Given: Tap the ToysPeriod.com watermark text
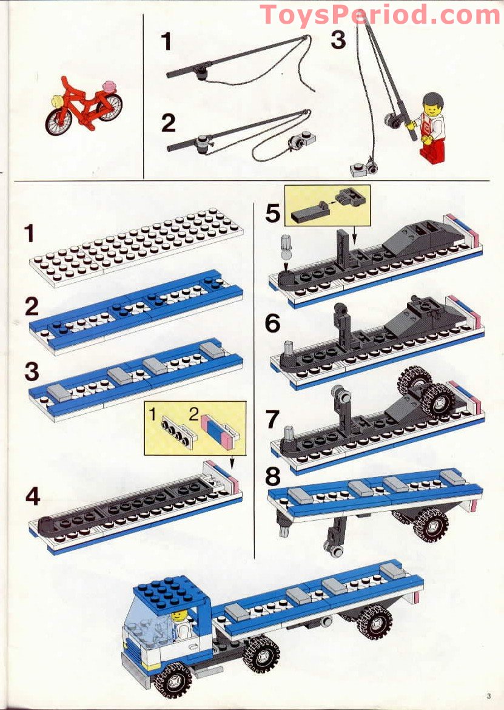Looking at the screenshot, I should point(380,15).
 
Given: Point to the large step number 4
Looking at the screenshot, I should point(33,497).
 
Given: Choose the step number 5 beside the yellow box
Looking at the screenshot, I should point(274,214).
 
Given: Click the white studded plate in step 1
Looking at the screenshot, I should point(136,245).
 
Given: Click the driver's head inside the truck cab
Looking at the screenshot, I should point(179,617).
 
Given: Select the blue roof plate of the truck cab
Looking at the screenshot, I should point(163,587).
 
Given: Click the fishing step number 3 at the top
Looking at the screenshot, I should point(338,40).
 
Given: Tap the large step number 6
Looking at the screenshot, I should point(274,323).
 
